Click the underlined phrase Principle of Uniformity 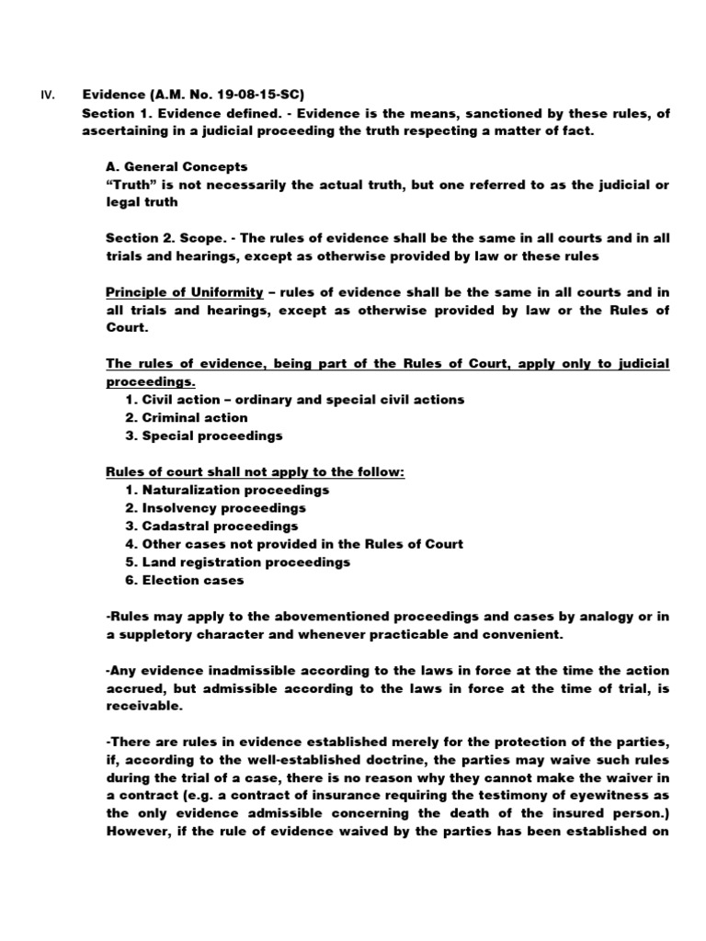tap(184, 292)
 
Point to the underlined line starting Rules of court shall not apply tap(256, 471)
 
